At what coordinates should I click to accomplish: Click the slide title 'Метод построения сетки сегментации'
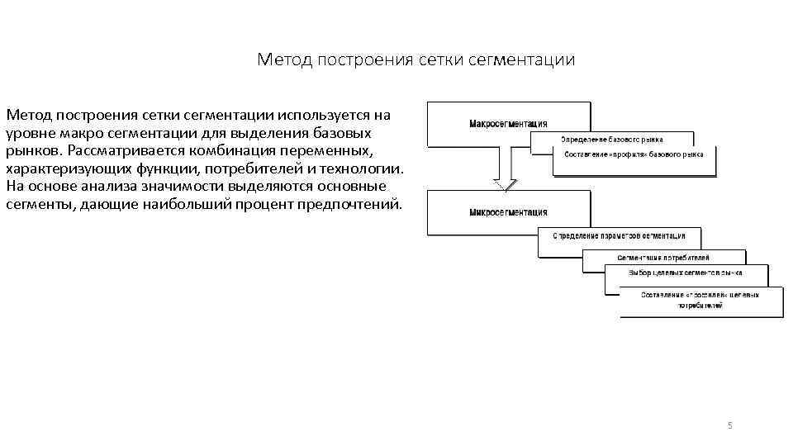coord(415,60)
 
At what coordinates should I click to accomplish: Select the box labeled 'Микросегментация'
coord(508,211)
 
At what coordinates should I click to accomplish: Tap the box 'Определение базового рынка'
coord(612,139)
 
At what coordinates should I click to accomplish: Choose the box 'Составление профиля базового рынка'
coord(634,154)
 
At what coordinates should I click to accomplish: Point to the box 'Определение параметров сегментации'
coord(619,235)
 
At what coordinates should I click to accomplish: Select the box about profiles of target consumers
coord(700,299)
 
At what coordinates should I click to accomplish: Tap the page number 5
coord(729,425)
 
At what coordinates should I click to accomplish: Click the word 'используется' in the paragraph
coord(324,114)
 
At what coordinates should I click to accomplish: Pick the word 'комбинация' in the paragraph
coord(234,150)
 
